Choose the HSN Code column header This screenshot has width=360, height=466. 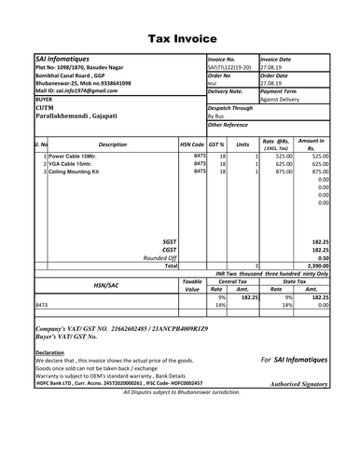[192, 145]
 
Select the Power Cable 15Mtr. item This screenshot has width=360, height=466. [72, 156]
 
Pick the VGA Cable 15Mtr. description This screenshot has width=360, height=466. [70, 164]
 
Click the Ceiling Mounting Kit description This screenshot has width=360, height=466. [76, 172]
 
